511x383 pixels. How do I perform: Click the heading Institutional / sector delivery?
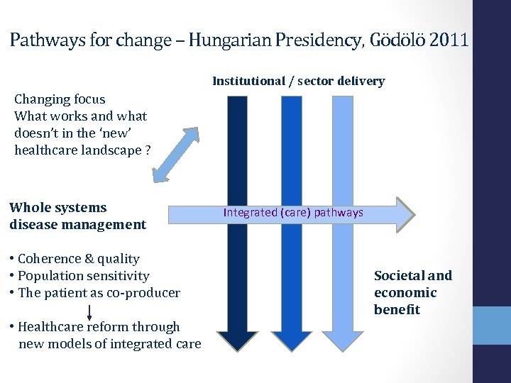(x=298, y=81)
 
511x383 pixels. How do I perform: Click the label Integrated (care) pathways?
(x=293, y=212)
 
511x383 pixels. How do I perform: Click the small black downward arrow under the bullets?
(x=89, y=311)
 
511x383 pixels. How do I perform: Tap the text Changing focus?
(x=60, y=99)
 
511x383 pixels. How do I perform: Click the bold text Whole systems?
(x=58, y=208)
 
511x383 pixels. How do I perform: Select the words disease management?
(x=77, y=225)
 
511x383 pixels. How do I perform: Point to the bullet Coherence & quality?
(x=78, y=259)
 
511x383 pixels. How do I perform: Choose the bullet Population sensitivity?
(x=83, y=276)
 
